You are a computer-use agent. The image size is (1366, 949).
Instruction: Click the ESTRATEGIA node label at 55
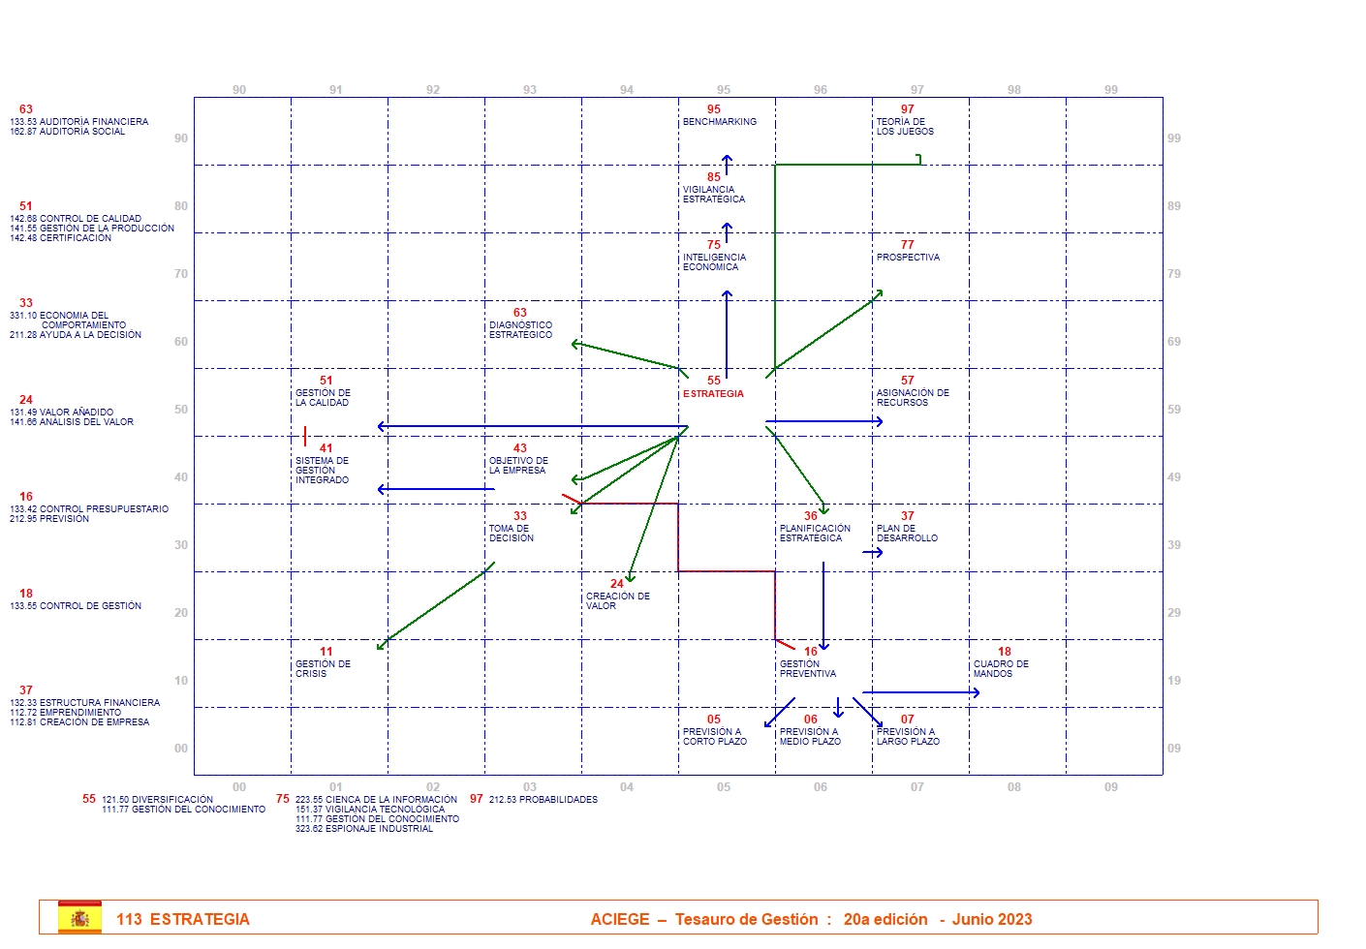click(713, 394)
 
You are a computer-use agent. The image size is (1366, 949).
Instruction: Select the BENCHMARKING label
click(719, 122)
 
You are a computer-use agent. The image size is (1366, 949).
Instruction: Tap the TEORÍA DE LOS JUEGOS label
click(905, 127)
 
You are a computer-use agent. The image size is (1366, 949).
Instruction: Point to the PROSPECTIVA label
click(908, 258)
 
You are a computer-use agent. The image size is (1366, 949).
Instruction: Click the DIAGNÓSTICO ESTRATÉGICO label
click(520, 330)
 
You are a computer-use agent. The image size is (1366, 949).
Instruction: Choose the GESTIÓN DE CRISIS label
click(323, 669)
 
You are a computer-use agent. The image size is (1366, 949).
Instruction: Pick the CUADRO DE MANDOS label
click(1001, 669)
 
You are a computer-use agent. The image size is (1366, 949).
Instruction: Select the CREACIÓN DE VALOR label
click(617, 601)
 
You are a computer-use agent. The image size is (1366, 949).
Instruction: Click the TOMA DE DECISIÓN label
click(511, 534)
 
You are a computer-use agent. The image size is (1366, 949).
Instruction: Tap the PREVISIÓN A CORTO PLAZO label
click(714, 737)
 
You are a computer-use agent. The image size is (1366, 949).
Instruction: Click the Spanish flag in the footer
click(79, 918)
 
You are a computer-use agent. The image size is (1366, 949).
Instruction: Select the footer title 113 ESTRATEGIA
click(183, 919)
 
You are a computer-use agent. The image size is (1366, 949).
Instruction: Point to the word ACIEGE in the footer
click(620, 919)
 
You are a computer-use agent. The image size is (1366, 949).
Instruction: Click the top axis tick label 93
click(530, 90)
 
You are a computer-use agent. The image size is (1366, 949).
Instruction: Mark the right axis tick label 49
click(1174, 477)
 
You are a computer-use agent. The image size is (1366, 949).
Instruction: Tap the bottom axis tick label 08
click(1013, 787)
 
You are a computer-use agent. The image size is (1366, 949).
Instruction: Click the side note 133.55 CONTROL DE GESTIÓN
click(76, 606)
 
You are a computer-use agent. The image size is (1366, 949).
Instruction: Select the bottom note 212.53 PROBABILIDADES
click(543, 800)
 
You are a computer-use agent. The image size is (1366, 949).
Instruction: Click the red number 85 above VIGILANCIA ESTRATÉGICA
click(714, 177)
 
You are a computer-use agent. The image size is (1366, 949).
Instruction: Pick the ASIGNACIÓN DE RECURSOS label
click(913, 398)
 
